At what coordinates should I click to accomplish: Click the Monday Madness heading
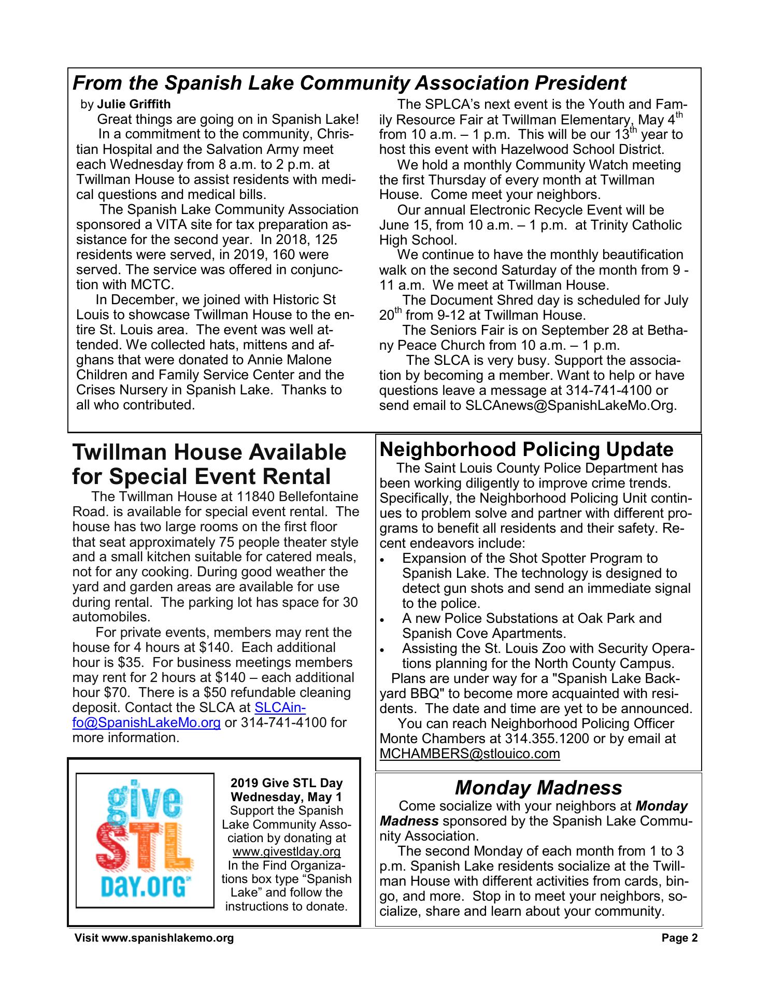[538, 788]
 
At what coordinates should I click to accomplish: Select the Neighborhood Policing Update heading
[526, 449]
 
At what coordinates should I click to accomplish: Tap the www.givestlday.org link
[287, 851]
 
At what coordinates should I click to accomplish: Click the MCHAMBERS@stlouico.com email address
[469, 754]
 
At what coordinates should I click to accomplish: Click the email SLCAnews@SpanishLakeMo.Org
[571, 405]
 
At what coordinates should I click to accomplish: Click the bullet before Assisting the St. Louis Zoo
[382, 650]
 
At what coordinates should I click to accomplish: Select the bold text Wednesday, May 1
[287, 797]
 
